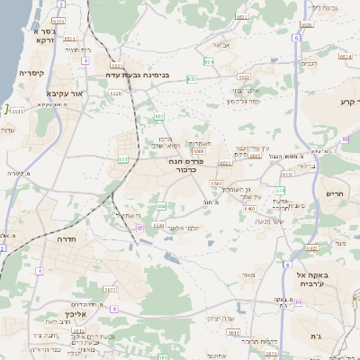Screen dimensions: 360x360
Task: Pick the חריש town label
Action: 335,193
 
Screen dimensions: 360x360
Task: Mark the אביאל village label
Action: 221,44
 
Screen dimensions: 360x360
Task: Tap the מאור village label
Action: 248,274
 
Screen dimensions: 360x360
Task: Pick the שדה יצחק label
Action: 219,319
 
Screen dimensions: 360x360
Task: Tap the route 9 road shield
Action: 114,308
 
